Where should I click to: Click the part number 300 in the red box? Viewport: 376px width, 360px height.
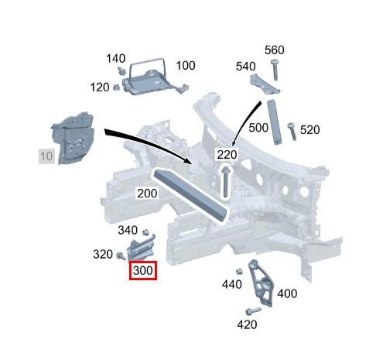tap(143, 270)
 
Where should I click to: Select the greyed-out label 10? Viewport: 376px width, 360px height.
tap(46, 156)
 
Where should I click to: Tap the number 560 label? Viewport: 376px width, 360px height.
tap(275, 50)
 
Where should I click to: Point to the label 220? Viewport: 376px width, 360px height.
tap(227, 155)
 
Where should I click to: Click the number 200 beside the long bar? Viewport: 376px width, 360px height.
tap(147, 194)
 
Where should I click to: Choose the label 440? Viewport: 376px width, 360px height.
tap(232, 284)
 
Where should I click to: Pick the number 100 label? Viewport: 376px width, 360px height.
tap(186, 66)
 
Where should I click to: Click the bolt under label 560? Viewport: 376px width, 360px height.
tap(275, 70)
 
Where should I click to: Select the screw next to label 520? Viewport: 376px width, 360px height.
tap(292, 132)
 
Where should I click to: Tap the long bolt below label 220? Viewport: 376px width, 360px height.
tap(225, 182)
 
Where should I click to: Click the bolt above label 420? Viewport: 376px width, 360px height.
tap(253, 310)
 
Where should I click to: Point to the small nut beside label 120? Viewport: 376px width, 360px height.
tap(116, 87)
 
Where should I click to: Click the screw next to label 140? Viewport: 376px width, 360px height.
tap(121, 70)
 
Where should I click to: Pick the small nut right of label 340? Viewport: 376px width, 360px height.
tap(145, 231)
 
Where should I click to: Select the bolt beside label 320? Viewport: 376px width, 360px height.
tap(121, 255)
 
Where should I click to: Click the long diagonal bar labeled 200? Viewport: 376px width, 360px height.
tap(191, 195)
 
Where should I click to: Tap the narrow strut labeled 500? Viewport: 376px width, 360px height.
tap(275, 122)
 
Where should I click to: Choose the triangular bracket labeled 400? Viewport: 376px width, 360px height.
tap(261, 283)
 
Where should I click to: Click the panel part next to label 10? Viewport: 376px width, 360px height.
tap(73, 138)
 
